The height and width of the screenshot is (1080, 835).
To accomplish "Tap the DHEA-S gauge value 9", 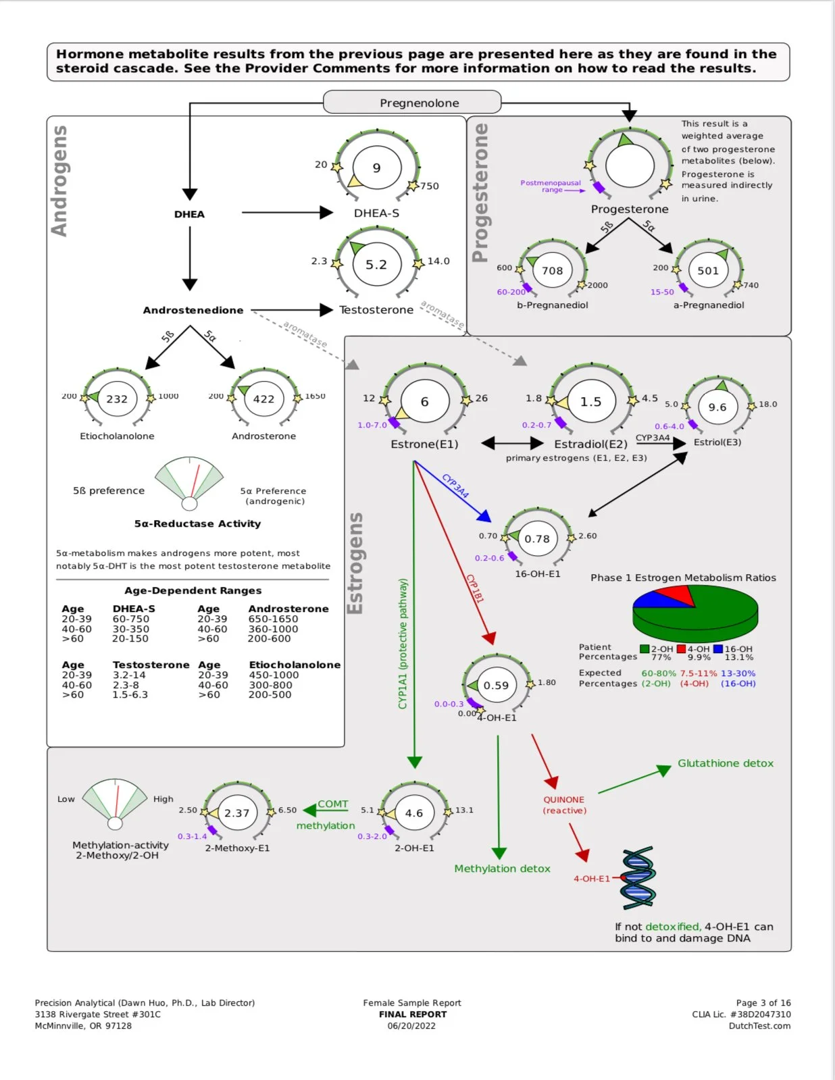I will click(376, 168).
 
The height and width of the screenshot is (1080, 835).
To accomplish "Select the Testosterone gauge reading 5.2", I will click(376, 265).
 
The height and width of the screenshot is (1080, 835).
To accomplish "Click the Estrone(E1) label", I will click(424, 444).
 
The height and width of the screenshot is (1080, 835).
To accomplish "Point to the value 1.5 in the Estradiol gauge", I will click(590, 402).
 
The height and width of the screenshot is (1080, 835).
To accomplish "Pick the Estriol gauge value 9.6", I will click(717, 407).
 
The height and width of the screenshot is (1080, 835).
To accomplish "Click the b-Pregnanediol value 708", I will click(552, 271).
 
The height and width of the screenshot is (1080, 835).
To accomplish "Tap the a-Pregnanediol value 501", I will click(708, 271).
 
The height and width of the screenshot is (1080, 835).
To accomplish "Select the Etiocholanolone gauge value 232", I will click(117, 399).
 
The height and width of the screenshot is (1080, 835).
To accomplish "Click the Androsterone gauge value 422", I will click(263, 399).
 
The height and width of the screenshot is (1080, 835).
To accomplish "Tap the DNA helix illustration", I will click(638, 878).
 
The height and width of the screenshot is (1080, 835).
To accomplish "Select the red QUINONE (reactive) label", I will click(564, 804).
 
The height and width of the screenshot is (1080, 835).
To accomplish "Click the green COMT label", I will click(333, 804).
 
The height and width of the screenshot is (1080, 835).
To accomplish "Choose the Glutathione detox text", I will click(726, 763).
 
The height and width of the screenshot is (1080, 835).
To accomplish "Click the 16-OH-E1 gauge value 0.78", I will click(537, 539).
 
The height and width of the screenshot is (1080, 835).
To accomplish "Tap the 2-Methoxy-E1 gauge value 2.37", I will click(237, 813).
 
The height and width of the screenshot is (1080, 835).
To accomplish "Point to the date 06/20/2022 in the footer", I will click(411, 1026).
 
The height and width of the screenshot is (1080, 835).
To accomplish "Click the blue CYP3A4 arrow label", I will click(455, 486).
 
